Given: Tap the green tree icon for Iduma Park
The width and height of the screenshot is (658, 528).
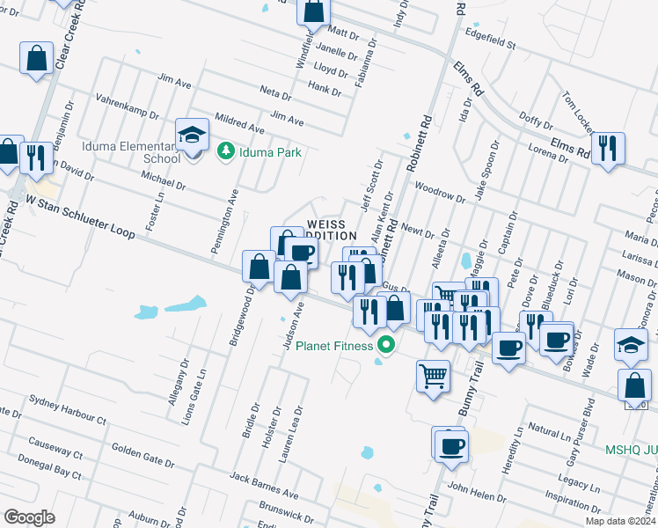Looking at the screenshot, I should (x=225, y=152).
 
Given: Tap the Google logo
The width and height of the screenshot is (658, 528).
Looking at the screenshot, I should (x=29, y=517).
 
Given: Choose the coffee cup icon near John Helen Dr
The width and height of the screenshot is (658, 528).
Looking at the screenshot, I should (x=451, y=444).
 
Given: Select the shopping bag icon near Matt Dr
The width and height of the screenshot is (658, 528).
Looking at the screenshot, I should (x=313, y=11).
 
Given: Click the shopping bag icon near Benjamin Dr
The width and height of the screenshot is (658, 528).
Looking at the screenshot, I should (x=36, y=59).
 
